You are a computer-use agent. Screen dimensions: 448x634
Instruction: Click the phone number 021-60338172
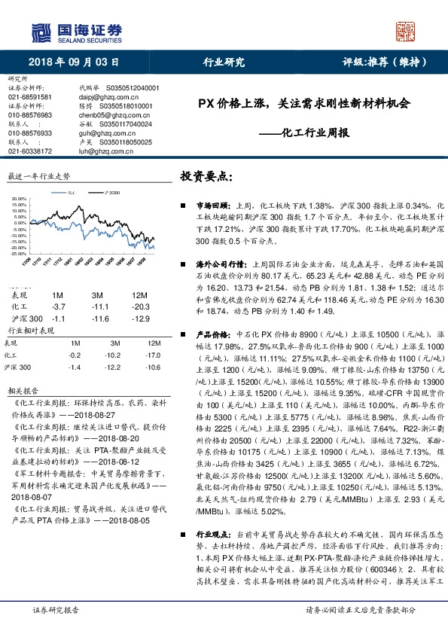point(30,151)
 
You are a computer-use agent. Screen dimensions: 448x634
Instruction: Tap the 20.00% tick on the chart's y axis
point(19,200)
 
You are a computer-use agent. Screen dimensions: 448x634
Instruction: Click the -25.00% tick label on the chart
point(19,254)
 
